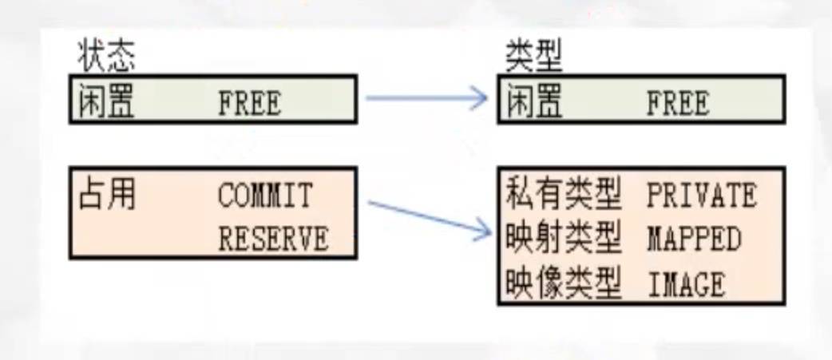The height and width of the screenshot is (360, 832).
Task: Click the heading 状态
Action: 106,57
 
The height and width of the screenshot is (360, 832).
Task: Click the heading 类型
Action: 533,57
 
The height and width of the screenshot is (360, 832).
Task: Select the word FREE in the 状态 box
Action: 249,104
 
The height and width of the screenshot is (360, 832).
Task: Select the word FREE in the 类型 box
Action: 677,104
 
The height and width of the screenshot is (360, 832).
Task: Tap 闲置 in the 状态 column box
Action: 107,102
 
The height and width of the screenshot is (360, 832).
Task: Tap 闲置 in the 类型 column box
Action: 534,102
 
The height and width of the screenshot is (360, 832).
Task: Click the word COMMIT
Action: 265,196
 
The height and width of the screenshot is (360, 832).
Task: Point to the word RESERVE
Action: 273,239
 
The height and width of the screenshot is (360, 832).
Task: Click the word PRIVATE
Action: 701,196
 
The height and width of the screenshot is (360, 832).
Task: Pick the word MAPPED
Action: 693,239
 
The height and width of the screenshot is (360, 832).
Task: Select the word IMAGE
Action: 685,283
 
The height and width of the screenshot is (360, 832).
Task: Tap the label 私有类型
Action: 564,194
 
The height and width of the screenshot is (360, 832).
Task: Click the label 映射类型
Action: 564,238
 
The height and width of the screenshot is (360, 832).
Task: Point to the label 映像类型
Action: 564,283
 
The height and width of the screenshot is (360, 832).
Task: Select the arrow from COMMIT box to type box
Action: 427,217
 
